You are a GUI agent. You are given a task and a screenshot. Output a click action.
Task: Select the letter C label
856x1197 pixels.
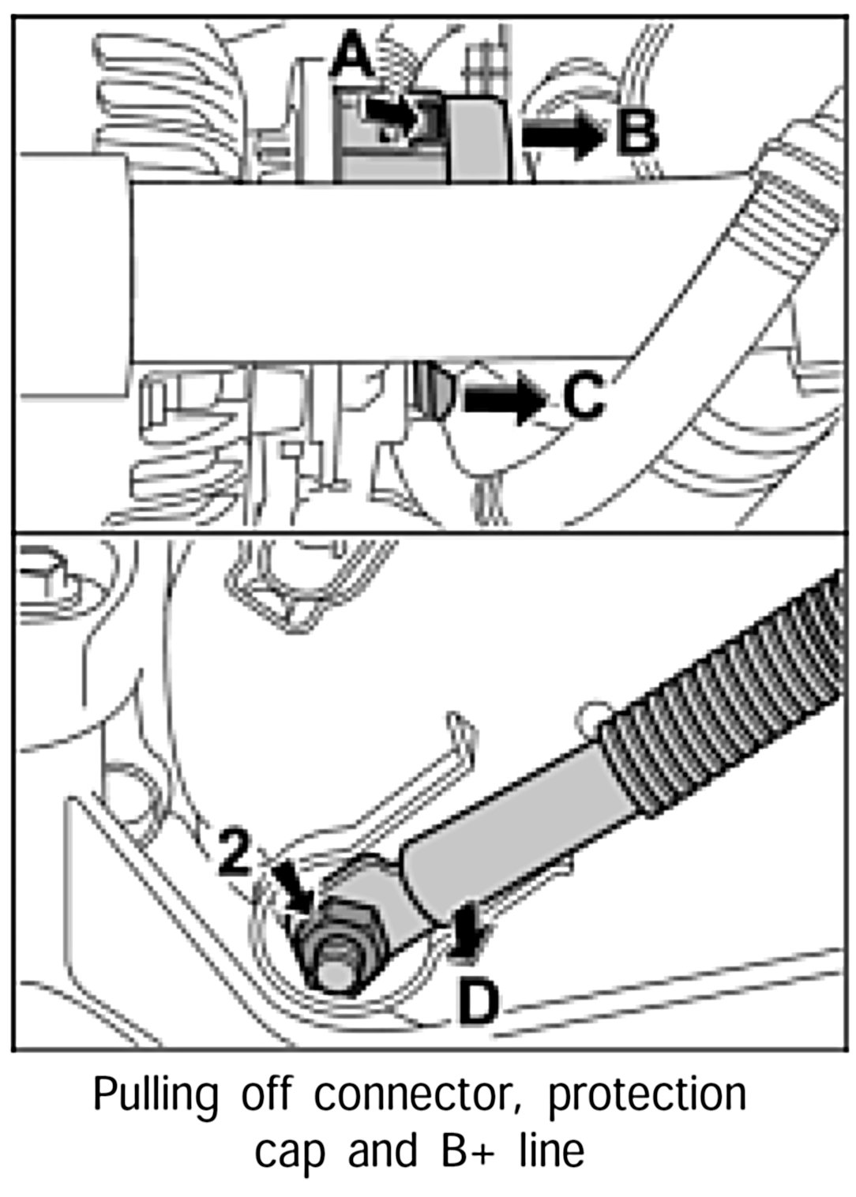(x=584, y=396)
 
